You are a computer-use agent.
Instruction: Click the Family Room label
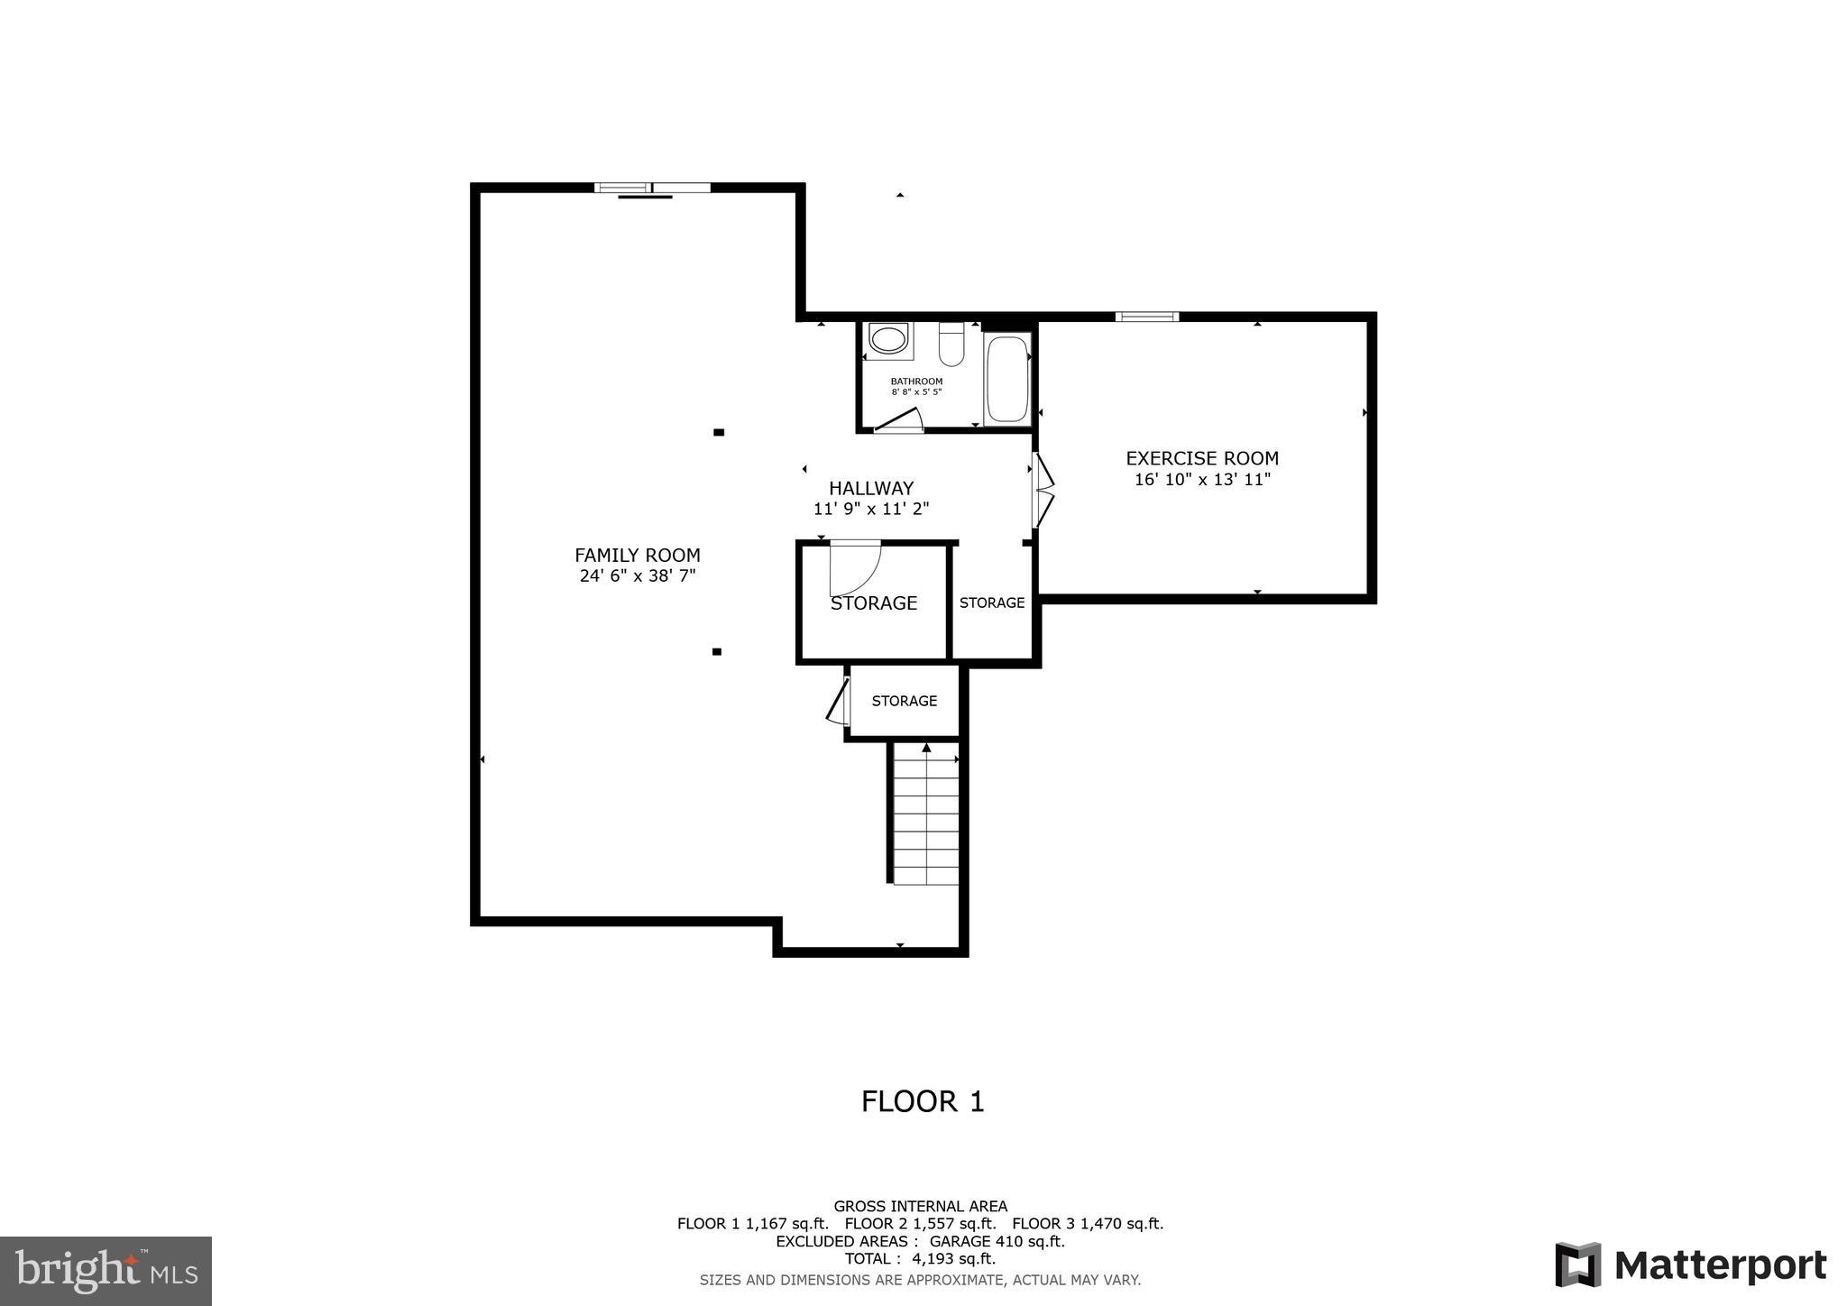[637, 556]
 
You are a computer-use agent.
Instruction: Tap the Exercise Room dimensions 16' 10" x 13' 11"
[1201, 480]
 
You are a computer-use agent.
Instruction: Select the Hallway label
[870, 488]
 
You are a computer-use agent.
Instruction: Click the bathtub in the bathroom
[1006, 379]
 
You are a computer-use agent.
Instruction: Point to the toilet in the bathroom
[951, 343]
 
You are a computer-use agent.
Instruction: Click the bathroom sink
[888, 340]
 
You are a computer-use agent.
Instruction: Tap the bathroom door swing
[899, 420]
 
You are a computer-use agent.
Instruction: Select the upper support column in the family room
[719, 432]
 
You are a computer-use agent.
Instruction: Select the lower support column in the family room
[717, 651]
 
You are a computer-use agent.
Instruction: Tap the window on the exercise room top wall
[1146, 317]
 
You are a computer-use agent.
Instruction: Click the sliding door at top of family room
[652, 189]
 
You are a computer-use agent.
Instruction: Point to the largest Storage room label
[873, 603]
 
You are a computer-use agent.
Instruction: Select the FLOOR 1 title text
[922, 1101]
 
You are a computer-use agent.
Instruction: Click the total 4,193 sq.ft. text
[920, 1258]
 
